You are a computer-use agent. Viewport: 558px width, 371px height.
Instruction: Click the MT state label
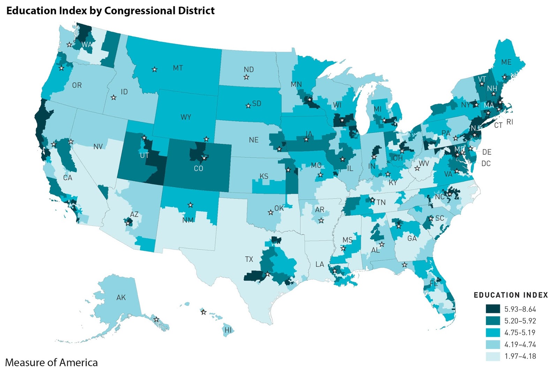178,68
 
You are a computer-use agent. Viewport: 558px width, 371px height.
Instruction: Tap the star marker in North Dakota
246,77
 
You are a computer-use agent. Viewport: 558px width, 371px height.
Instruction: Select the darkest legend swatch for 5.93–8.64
493,309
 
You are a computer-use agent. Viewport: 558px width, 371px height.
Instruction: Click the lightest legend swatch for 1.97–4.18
493,356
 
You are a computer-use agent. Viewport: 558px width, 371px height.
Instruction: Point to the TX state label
249,259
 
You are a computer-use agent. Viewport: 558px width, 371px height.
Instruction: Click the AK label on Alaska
121,298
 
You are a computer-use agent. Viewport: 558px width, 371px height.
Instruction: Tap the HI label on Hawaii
228,330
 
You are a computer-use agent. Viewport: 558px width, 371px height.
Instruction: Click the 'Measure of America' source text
51,362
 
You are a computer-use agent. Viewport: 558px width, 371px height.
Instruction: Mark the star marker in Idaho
114,97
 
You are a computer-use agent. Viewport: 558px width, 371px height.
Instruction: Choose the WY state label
186,117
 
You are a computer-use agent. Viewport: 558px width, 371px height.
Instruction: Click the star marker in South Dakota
248,106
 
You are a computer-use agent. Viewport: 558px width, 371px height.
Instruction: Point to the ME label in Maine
506,62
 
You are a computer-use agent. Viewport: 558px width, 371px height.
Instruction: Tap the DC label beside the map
486,163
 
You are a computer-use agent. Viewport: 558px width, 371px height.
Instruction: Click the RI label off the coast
510,122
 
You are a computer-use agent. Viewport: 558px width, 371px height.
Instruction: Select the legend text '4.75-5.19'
520,332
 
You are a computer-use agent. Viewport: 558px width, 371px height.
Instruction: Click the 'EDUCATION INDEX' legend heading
511,295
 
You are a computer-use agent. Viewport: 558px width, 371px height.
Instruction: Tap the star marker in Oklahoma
271,213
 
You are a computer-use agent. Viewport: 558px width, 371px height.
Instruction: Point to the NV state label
98,147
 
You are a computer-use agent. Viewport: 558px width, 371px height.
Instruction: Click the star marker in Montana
154,69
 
